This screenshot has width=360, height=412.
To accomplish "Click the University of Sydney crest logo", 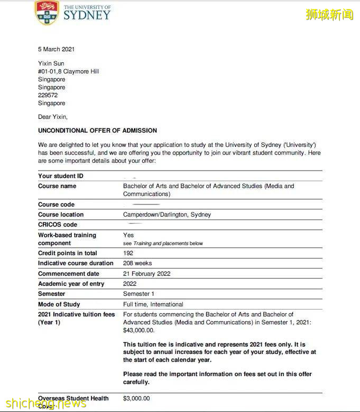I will pyautogui.click(x=47, y=13).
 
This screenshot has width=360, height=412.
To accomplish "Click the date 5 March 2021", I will pyautogui.click(x=56, y=49).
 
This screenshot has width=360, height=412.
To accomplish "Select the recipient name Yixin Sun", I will pyautogui.click(x=51, y=63).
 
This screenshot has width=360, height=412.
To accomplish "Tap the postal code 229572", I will pyautogui.click(x=48, y=96).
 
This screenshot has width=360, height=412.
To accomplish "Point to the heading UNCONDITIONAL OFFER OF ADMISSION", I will pyautogui.click(x=97, y=130).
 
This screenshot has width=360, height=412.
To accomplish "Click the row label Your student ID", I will pyautogui.click(x=60, y=176).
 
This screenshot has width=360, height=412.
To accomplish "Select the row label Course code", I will pyautogui.click(x=56, y=204).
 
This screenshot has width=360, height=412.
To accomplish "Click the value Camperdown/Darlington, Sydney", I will pyautogui.click(x=167, y=214).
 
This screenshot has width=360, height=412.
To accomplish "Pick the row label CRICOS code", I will pyautogui.click(x=57, y=224).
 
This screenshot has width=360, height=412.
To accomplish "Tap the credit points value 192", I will pyautogui.click(x=128, y=253).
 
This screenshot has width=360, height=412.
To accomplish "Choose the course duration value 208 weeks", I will pyautogui.click(x=137, y=263).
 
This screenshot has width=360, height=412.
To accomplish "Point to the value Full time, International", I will pyautogui.click(x=153, y=304).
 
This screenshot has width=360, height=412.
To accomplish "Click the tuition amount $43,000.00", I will pyautogui.click(x=139, y=330).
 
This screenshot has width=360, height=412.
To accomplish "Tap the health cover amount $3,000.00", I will pyautogui.click(x=136, y=398).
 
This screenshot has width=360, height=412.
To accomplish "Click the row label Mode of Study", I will pyautogui.click(x=59, y=304).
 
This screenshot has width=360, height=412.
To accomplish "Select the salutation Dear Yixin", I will pyautogui.click(x=53, y=117).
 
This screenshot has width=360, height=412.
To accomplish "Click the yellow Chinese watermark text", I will pyautogui.click(x=329, y=14).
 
